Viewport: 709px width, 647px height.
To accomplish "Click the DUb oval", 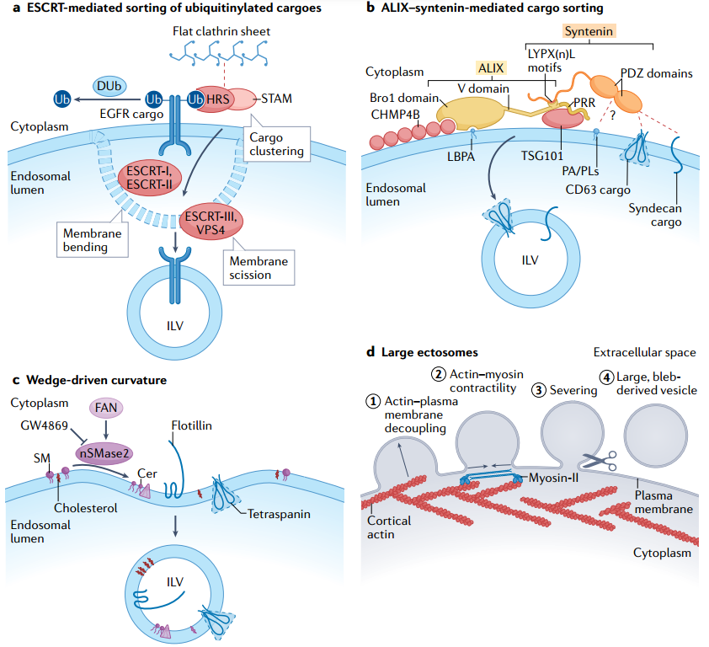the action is coord(109,86).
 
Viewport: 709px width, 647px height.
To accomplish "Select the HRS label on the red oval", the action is coord(218,99).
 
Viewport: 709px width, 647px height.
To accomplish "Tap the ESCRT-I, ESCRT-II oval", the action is coord(150,178).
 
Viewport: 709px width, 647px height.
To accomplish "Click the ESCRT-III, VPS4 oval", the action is coord(211,222).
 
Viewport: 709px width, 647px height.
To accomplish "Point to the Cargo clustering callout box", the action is coord(277,144).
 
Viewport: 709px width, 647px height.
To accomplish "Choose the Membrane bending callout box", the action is coord(93,240).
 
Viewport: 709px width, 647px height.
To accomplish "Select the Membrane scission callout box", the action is coord(259,267).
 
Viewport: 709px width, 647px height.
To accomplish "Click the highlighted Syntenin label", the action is coord(589,31).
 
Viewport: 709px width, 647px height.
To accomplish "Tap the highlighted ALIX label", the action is coord(491,68).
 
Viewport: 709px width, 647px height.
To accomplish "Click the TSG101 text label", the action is coord(542,156).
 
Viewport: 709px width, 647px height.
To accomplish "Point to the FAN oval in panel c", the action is coord(106,408).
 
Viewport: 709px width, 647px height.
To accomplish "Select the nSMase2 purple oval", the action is coord(104,453).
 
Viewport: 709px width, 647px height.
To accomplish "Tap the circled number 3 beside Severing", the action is coord(539,390).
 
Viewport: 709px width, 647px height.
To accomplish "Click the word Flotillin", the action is coord(192,425).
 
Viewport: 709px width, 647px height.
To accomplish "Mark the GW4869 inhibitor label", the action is coord(45,425).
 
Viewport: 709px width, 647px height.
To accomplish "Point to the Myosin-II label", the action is coord(553,478).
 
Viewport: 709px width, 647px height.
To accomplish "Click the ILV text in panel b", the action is coord(530,260).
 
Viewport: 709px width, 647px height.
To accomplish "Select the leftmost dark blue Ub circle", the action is coord(62,99).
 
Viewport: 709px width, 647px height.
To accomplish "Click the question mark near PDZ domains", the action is coord(612,115).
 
